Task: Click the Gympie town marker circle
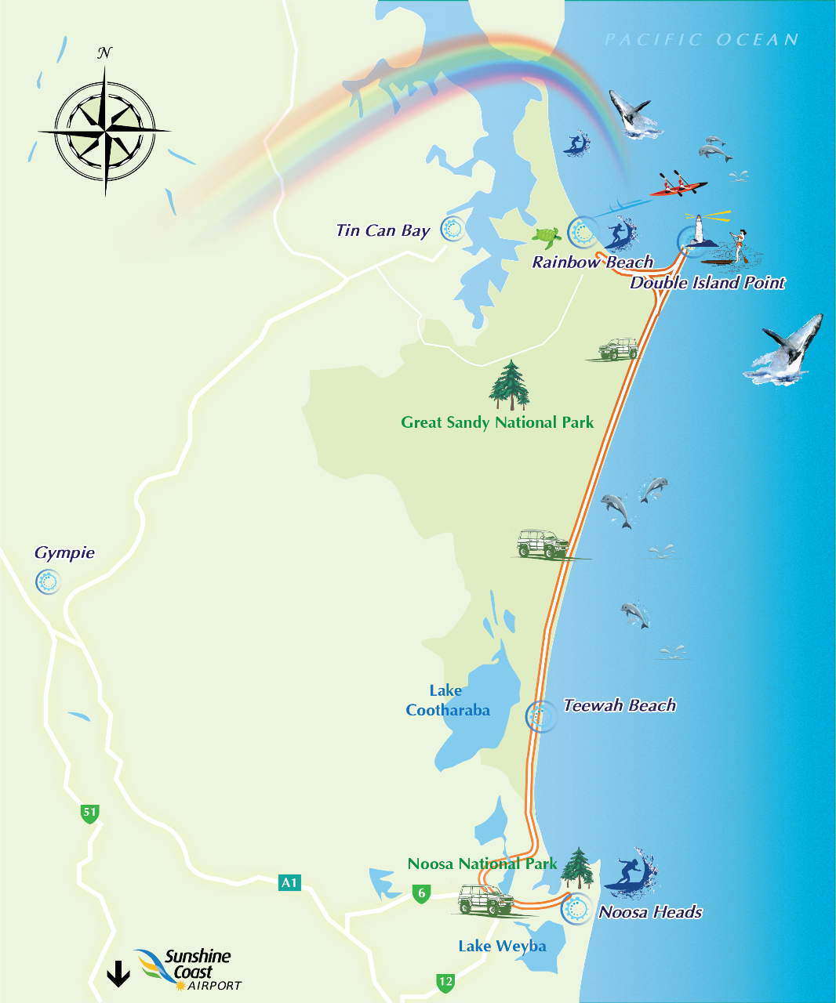(48, 582)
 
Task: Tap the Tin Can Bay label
(383, 230)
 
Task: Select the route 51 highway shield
(90, 813)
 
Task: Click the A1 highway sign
(289, 883)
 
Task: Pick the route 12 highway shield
(445, 982)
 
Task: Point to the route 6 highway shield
(422, 893)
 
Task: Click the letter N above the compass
(104, 53)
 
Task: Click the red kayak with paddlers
(678, 186)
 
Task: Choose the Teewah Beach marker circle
(540, 716)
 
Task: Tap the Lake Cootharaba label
(447, 701)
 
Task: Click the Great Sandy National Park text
(497, 423)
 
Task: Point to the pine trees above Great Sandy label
(510, 386)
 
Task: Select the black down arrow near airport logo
(118, 973)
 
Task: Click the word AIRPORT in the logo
(214, 986)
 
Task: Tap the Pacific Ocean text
(701, 40)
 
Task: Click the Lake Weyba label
(501, 947)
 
